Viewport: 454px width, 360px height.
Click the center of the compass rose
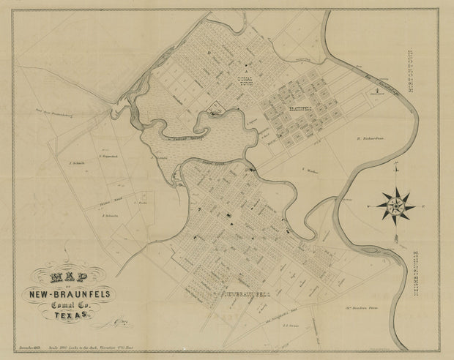(396, 205)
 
